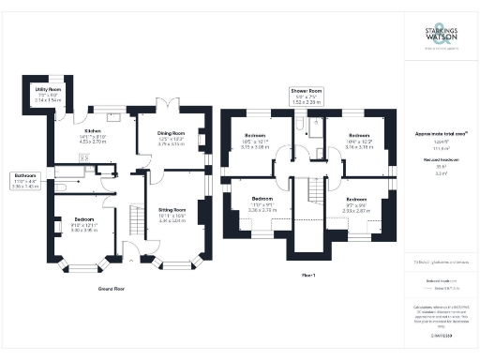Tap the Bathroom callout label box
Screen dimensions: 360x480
[x=25, y=180]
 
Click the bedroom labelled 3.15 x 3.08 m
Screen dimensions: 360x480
[x=256, y=143]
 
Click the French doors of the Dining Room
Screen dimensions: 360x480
[x=169, y=104]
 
